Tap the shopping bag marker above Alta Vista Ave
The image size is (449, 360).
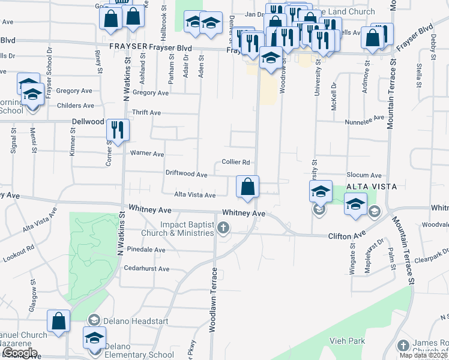247,187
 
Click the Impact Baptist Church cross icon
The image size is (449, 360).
223,227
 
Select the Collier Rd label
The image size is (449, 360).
235,162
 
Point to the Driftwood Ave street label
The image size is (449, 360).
186,174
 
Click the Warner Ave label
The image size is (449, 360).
147,154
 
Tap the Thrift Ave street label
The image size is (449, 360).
146,113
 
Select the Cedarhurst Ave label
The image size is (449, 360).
146,269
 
